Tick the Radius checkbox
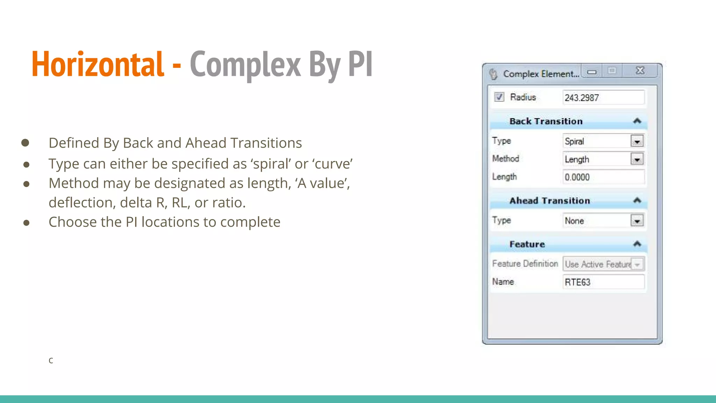499,97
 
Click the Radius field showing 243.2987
603,98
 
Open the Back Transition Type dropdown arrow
637,141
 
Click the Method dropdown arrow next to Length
637,160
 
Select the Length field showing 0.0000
603,177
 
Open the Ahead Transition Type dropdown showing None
637,221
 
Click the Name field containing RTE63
603,282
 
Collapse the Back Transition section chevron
637,121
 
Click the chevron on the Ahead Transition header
637,200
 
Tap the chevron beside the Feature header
637,244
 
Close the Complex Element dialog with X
640,71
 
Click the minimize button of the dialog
592,72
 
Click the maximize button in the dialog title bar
612,71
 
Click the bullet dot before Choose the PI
26,223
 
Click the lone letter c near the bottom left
51,361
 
